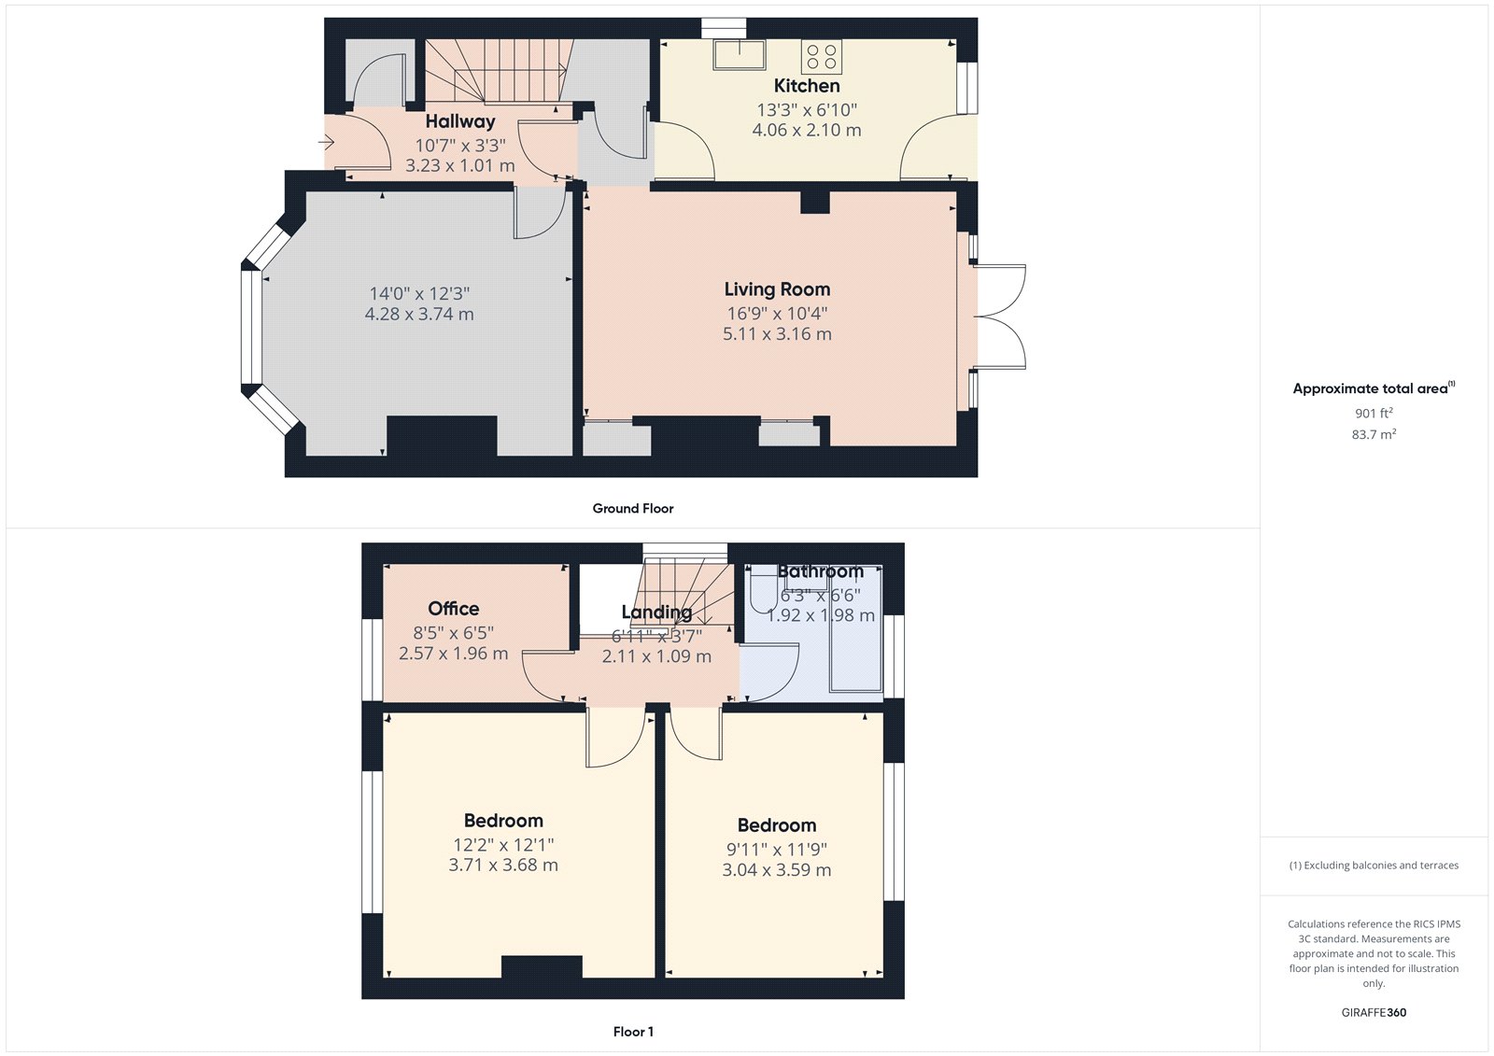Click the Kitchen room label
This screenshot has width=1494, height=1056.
coord(807,86)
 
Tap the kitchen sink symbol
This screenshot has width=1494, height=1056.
coord(739,54)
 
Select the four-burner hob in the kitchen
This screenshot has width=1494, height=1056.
coord(822,56)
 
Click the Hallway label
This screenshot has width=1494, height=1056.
coord(460,121)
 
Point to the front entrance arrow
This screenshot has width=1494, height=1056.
coord(326,143)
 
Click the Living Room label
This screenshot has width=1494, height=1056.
coord(777,289)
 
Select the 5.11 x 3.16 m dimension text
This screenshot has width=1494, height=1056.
coord(777,334)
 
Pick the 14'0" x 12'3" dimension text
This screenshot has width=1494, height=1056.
coord(419,293)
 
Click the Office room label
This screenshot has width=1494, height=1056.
coord(454,609)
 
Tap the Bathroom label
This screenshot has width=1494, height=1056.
coord(821,571)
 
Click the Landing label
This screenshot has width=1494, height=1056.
coord(657,612)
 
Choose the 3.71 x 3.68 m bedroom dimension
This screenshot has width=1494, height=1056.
coord(503,866)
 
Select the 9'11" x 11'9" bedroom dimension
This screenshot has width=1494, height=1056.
coord(777,850)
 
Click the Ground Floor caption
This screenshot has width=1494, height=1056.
coord(633,509)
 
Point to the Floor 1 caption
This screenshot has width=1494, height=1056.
coord(633,1032)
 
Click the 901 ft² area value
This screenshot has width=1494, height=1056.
coord(1374,413)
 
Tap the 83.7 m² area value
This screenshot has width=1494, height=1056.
coord(1374,434)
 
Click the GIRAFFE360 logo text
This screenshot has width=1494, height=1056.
coord(1374,1012)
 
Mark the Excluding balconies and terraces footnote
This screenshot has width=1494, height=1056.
coord(1374,866)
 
